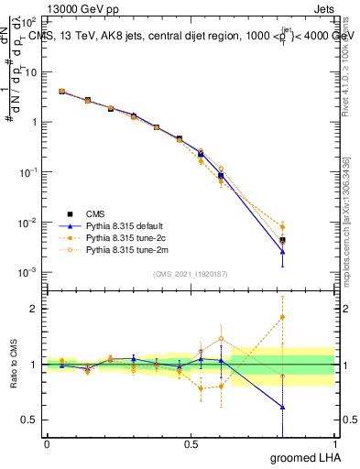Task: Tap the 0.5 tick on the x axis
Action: tap(191, 444)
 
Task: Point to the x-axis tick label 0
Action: tap(47, 444)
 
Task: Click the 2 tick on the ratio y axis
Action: tap(34, 309)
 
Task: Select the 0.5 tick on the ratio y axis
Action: tap(29, 420)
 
